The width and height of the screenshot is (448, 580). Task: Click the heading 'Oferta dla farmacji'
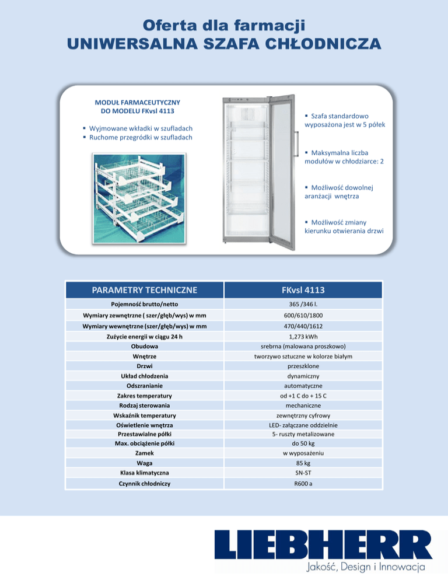point(224,26)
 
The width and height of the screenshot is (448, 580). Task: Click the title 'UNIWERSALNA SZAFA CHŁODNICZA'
point(224,44)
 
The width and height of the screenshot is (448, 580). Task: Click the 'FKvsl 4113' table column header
point(303,290)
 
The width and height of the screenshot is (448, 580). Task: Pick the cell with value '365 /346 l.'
point(303,305)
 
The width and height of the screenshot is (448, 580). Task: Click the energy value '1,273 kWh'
point(303,337)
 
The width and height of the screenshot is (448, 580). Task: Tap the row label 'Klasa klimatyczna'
point(145,473)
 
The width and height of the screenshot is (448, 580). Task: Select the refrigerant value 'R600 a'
point(303,484)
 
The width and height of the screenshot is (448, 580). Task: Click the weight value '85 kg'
point(303,463)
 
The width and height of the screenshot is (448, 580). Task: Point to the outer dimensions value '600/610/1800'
point(303,316)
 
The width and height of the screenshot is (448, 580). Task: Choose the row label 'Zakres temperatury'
point(145,396)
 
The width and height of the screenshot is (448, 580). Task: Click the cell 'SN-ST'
point(303,473)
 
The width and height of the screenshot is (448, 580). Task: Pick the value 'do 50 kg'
point(303,443)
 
